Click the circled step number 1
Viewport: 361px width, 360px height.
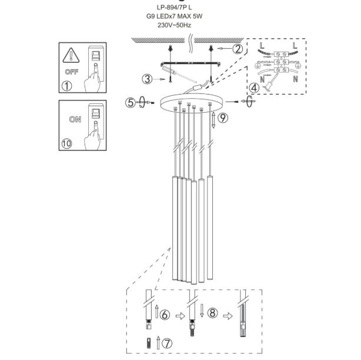pyautogui.click(x=67, y=86)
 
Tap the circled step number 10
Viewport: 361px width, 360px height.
pyautogui.click(x=66, y=143)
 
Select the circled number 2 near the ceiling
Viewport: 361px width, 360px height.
pyautogui.click(x=238, y=49)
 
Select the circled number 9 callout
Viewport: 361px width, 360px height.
pyautogui.click(x=223, y=118)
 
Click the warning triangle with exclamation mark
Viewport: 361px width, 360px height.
pyautogui.click(x=71, y=55)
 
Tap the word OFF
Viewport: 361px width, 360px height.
pyautogui.click(x=72, y=72)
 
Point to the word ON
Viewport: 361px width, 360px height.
pyautogui.click(x=75, y=119)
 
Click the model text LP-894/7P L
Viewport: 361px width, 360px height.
pyautogui.click(x=174, y=8)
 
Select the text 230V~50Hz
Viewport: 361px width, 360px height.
pyautogui.click(x=174, y=25)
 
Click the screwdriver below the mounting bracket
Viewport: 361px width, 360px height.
pyautogui.click(x=179, y=74)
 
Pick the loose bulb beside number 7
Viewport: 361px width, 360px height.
pyautogui.click(x=149, y=343)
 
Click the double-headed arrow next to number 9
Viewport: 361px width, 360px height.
pyautogui.click(x=213, y=120)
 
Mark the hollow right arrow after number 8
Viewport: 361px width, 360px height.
pyautogui.click(x=228, y=316)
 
